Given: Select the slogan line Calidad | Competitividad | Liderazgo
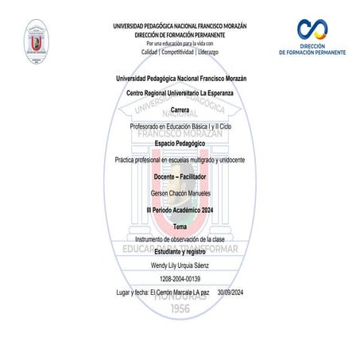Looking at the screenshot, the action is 180,51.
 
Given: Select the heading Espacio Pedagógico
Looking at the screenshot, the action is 180,143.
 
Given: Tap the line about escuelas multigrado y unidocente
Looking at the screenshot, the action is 180,161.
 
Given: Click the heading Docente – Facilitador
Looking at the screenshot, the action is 180,176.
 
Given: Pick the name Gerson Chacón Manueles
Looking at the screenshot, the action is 180,194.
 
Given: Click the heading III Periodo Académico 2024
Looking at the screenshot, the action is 180,210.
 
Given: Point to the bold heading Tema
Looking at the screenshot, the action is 180,227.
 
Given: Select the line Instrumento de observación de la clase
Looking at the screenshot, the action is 180,238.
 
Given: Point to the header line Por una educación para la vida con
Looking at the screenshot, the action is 180,42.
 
